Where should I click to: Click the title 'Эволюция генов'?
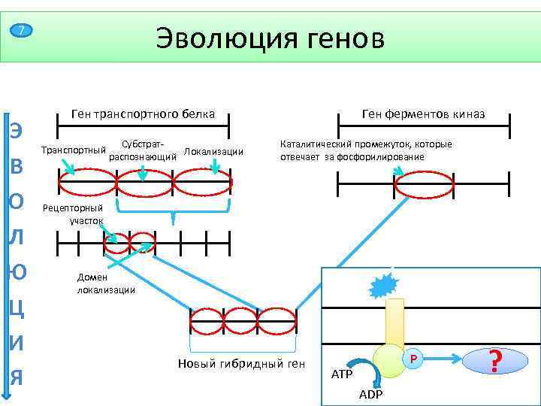click(270, 38)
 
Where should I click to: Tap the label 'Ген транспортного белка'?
click(143, 114)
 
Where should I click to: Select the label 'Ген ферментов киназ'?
click(423, 114)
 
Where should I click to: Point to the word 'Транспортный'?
click(72, 150)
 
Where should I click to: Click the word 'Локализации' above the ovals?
click(213, 151)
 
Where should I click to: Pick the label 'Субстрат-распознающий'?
click(143, 150)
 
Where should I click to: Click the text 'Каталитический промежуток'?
click(365, 150)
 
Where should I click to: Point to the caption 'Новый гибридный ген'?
click(242, 364)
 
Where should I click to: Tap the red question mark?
click(494, 362)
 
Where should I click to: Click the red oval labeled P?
click(412, 361)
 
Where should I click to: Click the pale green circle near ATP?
click(391, 361)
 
